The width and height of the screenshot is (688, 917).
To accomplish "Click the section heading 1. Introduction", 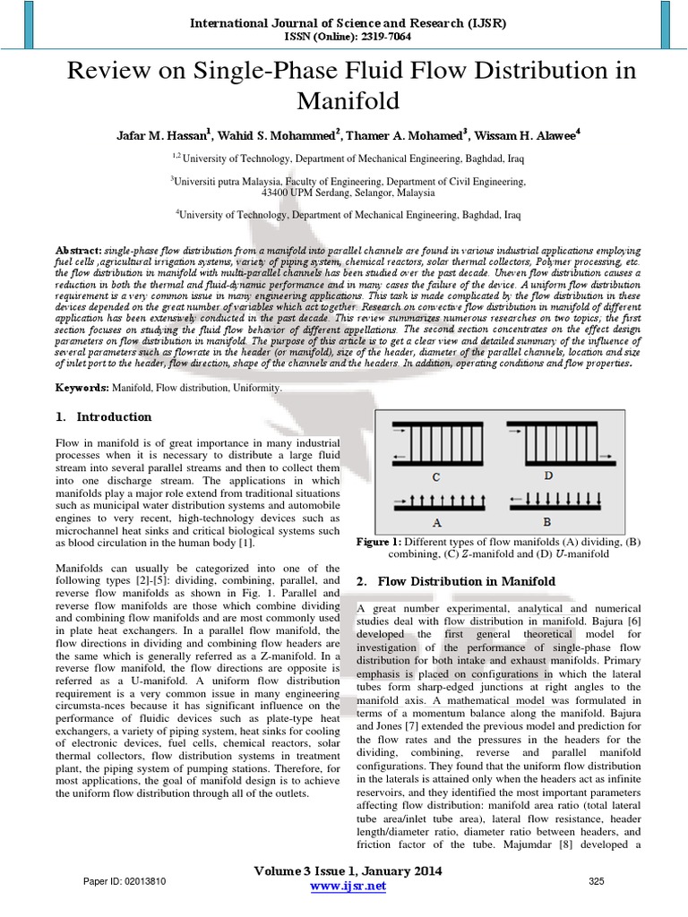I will [x=104, y=416].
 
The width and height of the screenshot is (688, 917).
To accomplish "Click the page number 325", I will [x=597, y=882].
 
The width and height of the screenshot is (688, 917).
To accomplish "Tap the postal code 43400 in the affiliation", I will [x=274, y=192].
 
